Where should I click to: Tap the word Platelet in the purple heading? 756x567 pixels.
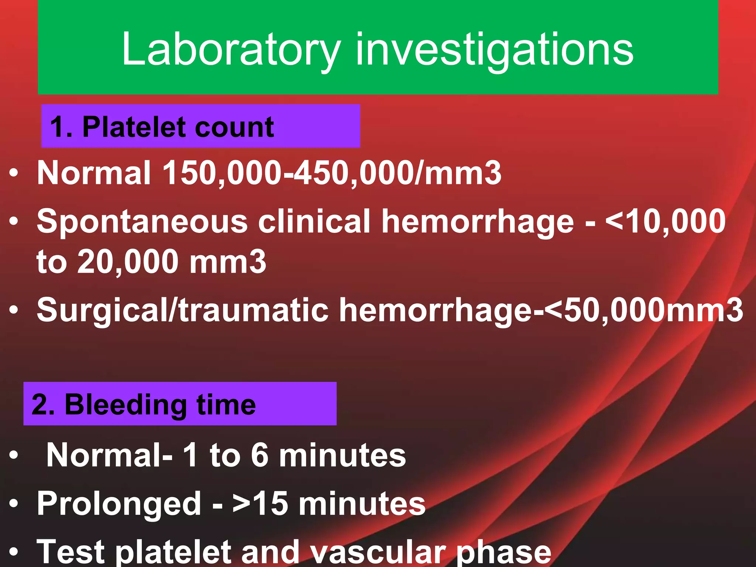point(133,127)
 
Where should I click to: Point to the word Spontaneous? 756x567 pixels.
point(142,221)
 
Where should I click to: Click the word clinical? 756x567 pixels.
point(314,221)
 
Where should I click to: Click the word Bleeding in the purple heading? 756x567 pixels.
point(126,405)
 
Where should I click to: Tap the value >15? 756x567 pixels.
point(260,504)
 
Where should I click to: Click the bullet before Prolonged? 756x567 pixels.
point(14,504)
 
